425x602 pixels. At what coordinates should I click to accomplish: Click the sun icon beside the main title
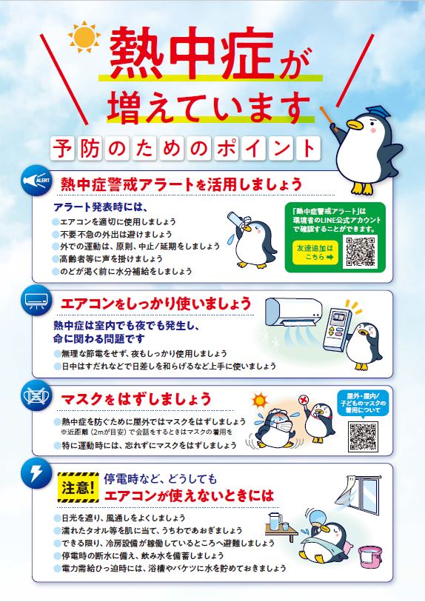pos(84,37)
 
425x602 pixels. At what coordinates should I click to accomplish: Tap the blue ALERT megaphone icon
pos(36,180)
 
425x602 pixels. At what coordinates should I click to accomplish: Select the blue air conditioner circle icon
pos(36,300)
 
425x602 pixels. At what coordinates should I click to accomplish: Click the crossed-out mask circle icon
pos(36,395)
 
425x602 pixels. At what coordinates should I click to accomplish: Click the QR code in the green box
pos(360,252)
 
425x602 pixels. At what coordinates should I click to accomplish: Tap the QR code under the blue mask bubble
pos(363,437)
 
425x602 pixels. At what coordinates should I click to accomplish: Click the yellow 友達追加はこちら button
pos(315,252)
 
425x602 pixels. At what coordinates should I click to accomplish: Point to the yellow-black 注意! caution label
pos(78,487)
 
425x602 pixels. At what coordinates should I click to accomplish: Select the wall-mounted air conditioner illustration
pos(294,312)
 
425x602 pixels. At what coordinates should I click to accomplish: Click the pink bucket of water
pos(369,558)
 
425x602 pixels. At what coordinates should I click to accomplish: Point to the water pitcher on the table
pos(275,521)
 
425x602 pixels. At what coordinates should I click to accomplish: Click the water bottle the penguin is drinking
pos(238,222)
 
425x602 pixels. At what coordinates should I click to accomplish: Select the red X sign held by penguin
pos(304,401)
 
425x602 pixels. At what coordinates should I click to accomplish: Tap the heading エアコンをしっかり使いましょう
pos(156,304)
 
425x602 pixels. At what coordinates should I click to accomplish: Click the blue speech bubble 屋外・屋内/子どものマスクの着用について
pos(362,403)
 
